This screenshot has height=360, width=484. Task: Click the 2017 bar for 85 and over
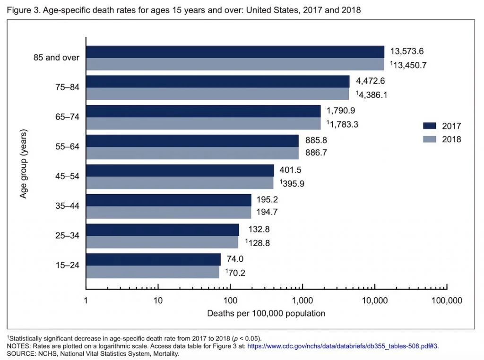click(235, 52)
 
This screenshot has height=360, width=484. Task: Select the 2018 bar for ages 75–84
click(217, 94)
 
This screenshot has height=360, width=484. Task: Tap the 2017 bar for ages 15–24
click(153, 259)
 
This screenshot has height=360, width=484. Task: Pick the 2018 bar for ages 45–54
click(180, 183)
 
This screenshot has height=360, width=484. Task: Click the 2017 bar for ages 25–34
click(162, 230)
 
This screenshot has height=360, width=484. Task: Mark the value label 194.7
click(267, 212)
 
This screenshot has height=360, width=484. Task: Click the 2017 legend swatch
click(429, 126)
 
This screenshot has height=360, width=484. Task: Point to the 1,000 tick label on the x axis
click(302, 300)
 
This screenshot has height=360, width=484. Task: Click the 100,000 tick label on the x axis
click(446, 300)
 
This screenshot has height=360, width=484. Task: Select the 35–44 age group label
click(67, 206)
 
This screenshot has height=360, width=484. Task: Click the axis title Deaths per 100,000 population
click(266, 313)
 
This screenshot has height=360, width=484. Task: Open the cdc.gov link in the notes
click(343, 346)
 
